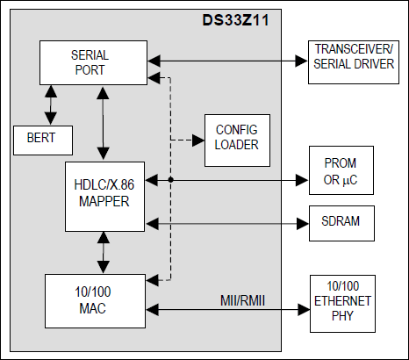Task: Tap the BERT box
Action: [x=41, y=137]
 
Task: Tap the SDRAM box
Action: [x=342, y=224]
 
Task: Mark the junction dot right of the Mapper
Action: [x=169, y=179]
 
